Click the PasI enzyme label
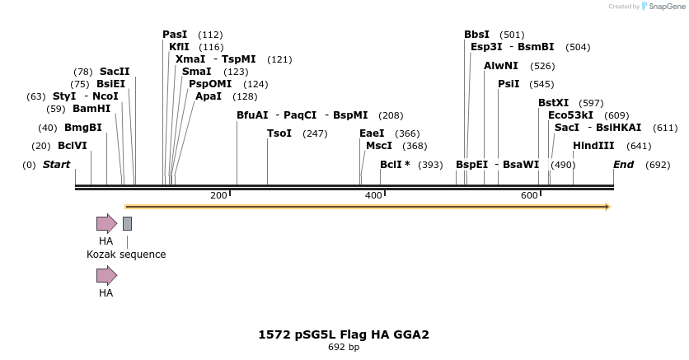tap(175, 35)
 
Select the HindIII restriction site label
tap(593, 146)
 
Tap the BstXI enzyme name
tap(554, 103)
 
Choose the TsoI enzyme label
tap(279, 133)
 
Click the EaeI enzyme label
tap(372, 133)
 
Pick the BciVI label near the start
tap(72, 146)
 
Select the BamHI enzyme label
tap(91, 109)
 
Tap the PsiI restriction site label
tap(509, 84)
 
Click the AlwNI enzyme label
tap(501, 66)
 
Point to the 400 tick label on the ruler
tap(373, 195)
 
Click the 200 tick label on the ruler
tap(218, 195)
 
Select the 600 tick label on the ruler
tap(529, 195)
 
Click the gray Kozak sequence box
tap(127, 223)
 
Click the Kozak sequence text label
tap(126, 255)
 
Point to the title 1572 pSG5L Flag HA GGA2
tap(344, 334)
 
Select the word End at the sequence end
tap(623, 165)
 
